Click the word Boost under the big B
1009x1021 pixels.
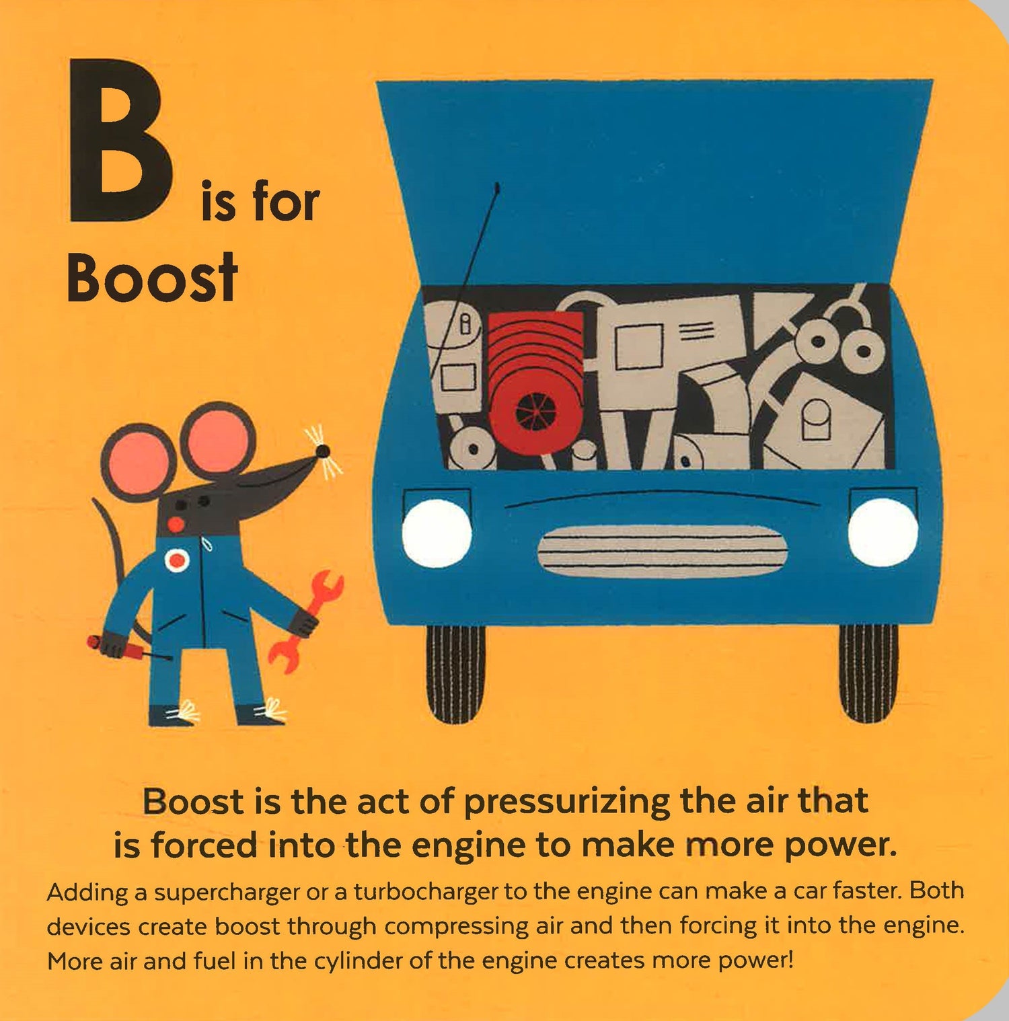coord(152,277)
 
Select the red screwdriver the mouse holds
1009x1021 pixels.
coord(128,647)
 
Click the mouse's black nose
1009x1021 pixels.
coord(323,450)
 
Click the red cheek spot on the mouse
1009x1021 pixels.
coord(176,524)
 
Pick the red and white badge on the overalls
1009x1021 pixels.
coord(177,560)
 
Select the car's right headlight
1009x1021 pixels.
coord(883,532)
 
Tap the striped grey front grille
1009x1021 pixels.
coord(662,551)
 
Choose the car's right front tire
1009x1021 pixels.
coord(868,673)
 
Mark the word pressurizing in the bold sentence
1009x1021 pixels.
coord(567,802)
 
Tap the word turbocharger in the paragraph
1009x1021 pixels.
coord(426,892)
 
